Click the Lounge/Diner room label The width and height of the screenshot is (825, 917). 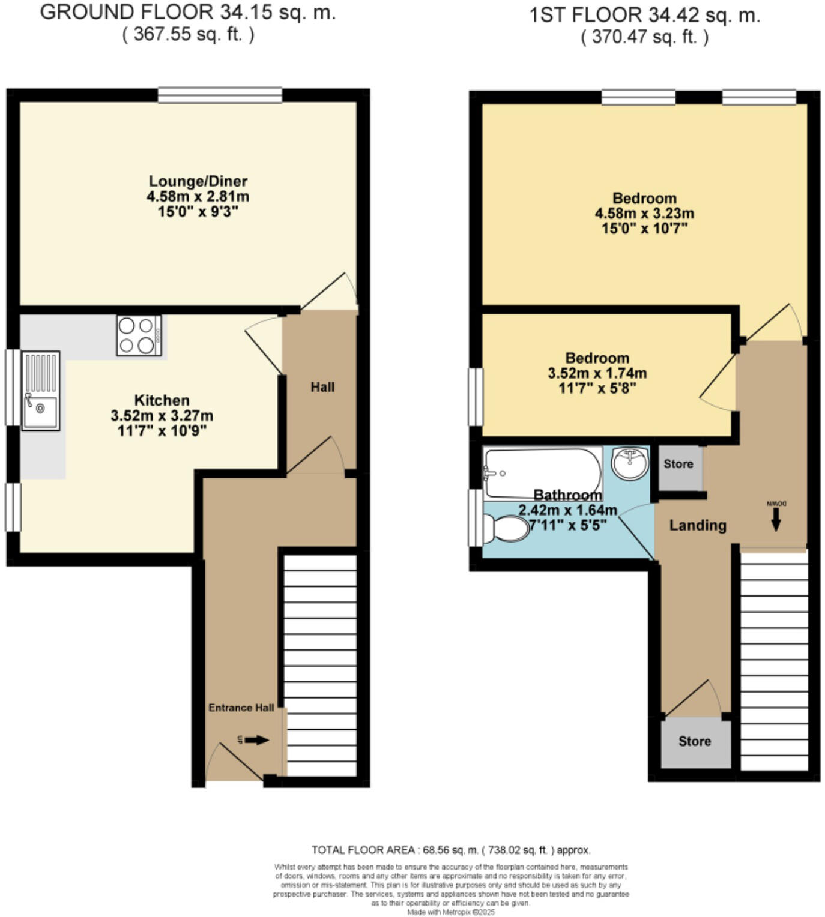[x=198, y=181]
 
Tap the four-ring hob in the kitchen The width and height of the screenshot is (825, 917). [x=139, y=335]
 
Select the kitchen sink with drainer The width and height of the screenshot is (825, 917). [x=40, y=391]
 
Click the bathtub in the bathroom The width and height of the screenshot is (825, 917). [x=542, y=472]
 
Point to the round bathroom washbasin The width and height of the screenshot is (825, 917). [x=630, y=463]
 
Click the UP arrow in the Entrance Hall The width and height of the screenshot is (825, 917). [x=256, y=740]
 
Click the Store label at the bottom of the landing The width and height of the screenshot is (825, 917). [x=695, y=741]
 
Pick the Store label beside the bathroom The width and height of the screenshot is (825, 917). [x=678, y=464]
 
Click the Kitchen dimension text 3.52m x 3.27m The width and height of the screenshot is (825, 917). [x=162, y=415]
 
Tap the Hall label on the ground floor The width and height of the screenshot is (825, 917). [x=322, y=387]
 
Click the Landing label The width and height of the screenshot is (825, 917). [x=698, y=525]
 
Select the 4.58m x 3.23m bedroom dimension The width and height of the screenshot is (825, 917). [x=644, y=213]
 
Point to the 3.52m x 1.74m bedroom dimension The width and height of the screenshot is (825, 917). [x=597, y=373]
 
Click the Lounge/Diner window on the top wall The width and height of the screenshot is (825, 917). [x=220, y=95]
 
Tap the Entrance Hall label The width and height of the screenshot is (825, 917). [x=241, y=708]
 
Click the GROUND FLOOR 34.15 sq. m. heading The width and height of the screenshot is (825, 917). [x=188, y=13]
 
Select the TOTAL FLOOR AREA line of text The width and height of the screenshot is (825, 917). [x=451, y=850]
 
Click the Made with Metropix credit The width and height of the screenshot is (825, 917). [x=451, y=912]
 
